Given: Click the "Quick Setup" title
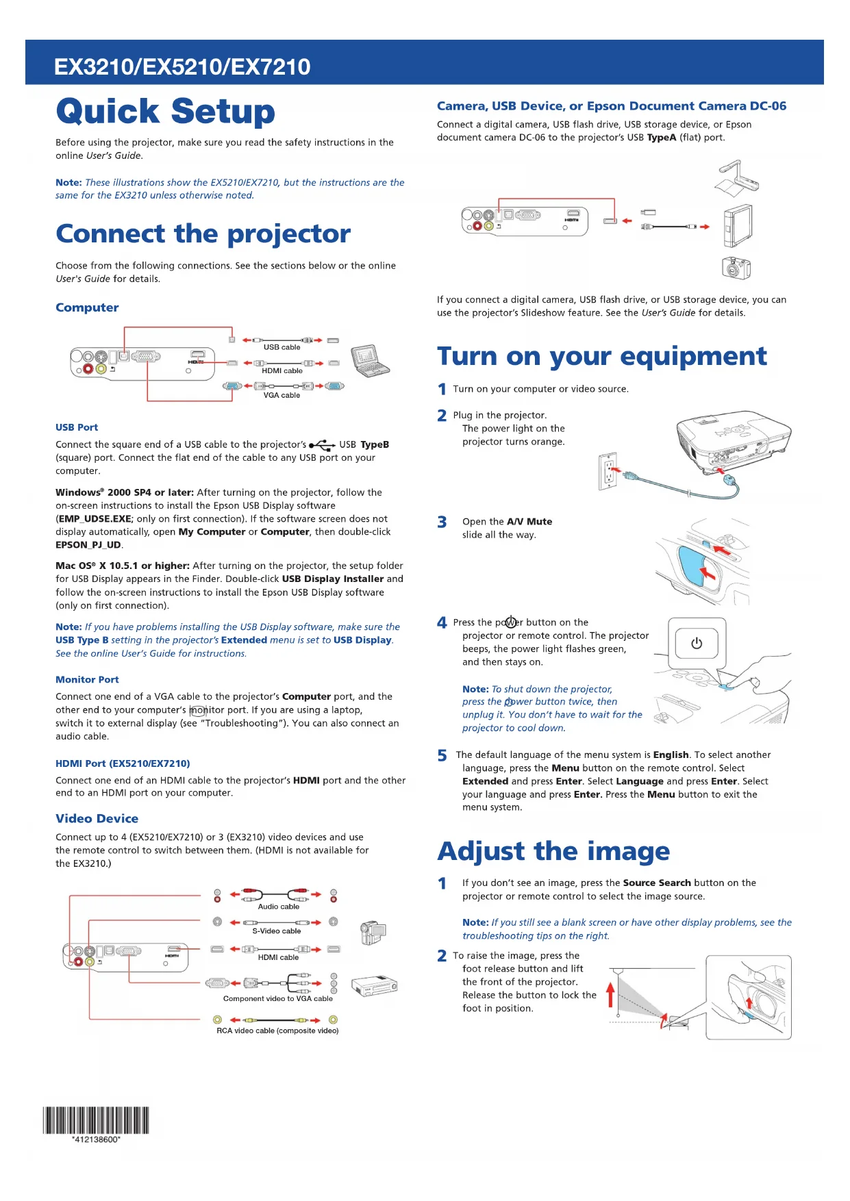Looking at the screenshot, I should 165,112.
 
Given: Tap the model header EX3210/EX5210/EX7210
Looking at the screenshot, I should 182,66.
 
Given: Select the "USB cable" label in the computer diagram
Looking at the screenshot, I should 282,347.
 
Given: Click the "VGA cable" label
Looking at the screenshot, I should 282,395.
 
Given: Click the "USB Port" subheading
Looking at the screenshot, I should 77,427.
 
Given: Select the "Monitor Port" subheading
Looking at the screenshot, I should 87,679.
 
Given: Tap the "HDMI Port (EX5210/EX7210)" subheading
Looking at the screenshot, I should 123,763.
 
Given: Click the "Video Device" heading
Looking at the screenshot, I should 97,818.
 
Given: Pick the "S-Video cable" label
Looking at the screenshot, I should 276,931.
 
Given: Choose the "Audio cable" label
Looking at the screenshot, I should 278,907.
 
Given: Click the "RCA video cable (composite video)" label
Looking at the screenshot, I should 277,1031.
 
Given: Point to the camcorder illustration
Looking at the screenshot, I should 373,931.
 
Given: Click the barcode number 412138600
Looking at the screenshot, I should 96,1139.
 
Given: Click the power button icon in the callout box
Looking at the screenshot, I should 697,643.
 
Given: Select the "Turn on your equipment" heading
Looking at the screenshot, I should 601,356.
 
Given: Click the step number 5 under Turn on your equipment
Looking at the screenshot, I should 442,755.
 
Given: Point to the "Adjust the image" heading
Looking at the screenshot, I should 553,851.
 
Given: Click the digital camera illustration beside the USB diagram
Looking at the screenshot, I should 736,268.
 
